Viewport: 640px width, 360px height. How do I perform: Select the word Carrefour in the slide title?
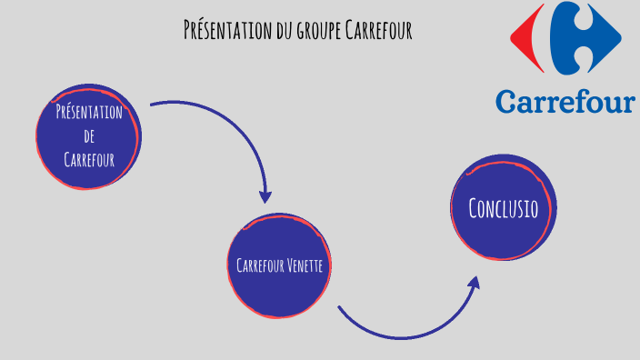[x=380, y=30]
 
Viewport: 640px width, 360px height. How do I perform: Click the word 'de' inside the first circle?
[x=89, y=135]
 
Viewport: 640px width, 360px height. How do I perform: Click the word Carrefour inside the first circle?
[x=89, y=159]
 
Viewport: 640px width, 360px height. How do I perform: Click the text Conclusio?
[x=503, y=208]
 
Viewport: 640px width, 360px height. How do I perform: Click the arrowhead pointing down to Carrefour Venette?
[x=265, y=196]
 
